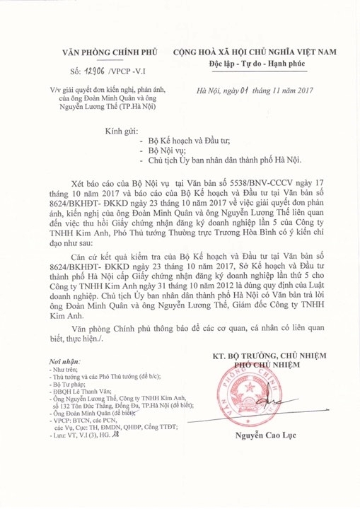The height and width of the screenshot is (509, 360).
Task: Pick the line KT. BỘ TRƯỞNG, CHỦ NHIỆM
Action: click(269, 356)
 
